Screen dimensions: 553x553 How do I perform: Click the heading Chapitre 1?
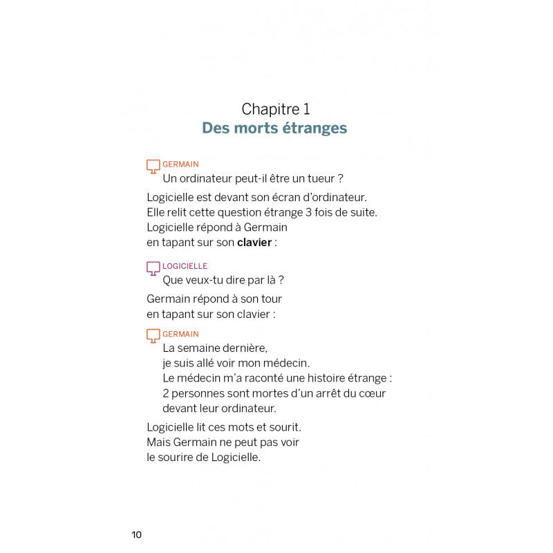click(276, 109)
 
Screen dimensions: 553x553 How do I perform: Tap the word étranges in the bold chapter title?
click(311, 129)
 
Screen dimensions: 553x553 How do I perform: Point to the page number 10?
click(136, 534)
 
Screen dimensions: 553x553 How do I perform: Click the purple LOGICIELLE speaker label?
click(185, 266)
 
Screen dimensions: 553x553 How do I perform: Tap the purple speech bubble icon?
click(153, 268)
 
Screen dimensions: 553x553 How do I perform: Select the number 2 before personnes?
click(166, 393)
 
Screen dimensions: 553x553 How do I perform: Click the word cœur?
click(371, 393)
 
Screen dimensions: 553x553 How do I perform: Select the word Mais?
click(159, 442)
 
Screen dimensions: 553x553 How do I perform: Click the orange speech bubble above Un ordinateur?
click(153, 166)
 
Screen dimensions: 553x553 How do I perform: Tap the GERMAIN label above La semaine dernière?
click(180, 335)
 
